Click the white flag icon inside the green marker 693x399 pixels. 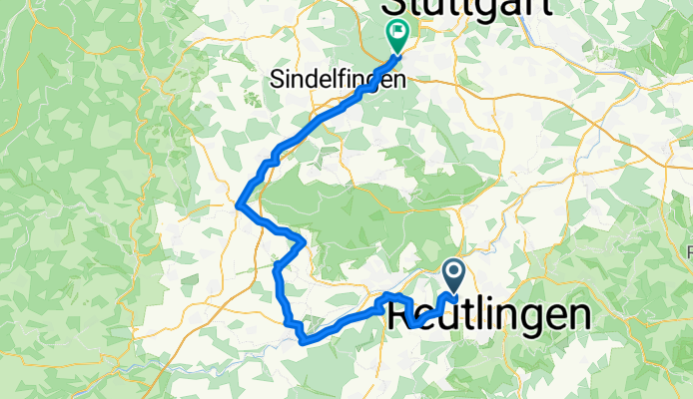point(397,32)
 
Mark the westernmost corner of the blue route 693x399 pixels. point(238,205)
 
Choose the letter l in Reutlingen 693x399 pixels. point(486,315)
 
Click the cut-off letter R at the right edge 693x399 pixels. point(689,250)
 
